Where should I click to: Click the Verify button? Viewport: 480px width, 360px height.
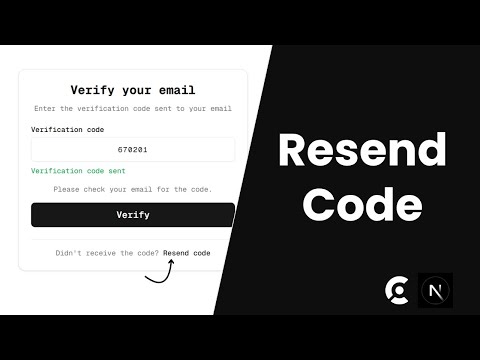coord(132,215)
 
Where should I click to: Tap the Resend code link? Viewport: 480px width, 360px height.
coord(187,253)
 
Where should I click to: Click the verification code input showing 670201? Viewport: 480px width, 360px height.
coord(132,150)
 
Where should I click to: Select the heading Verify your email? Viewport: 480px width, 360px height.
coord(132,90)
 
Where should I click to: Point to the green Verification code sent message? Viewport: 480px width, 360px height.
coord(76,171)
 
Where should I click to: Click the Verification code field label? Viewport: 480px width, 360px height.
coord(69,130)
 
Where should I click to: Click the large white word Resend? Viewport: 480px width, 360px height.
coord(361,150)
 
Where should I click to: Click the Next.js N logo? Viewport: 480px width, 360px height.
coord(435,290)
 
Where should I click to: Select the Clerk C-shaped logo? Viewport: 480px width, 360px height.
coord(396,290)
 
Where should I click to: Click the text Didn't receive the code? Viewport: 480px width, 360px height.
coord(108,253)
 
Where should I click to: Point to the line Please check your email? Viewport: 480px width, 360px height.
coord(132,189)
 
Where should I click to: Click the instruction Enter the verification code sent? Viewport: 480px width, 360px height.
coord(132,108)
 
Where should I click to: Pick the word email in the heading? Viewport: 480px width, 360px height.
coord(173,90)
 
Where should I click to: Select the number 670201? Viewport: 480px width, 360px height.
coord(132,150)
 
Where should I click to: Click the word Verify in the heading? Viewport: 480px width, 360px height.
coord(91,90)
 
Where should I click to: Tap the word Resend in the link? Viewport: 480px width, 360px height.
coord(176,253)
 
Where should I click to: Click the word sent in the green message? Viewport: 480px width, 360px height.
coord(112,171)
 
